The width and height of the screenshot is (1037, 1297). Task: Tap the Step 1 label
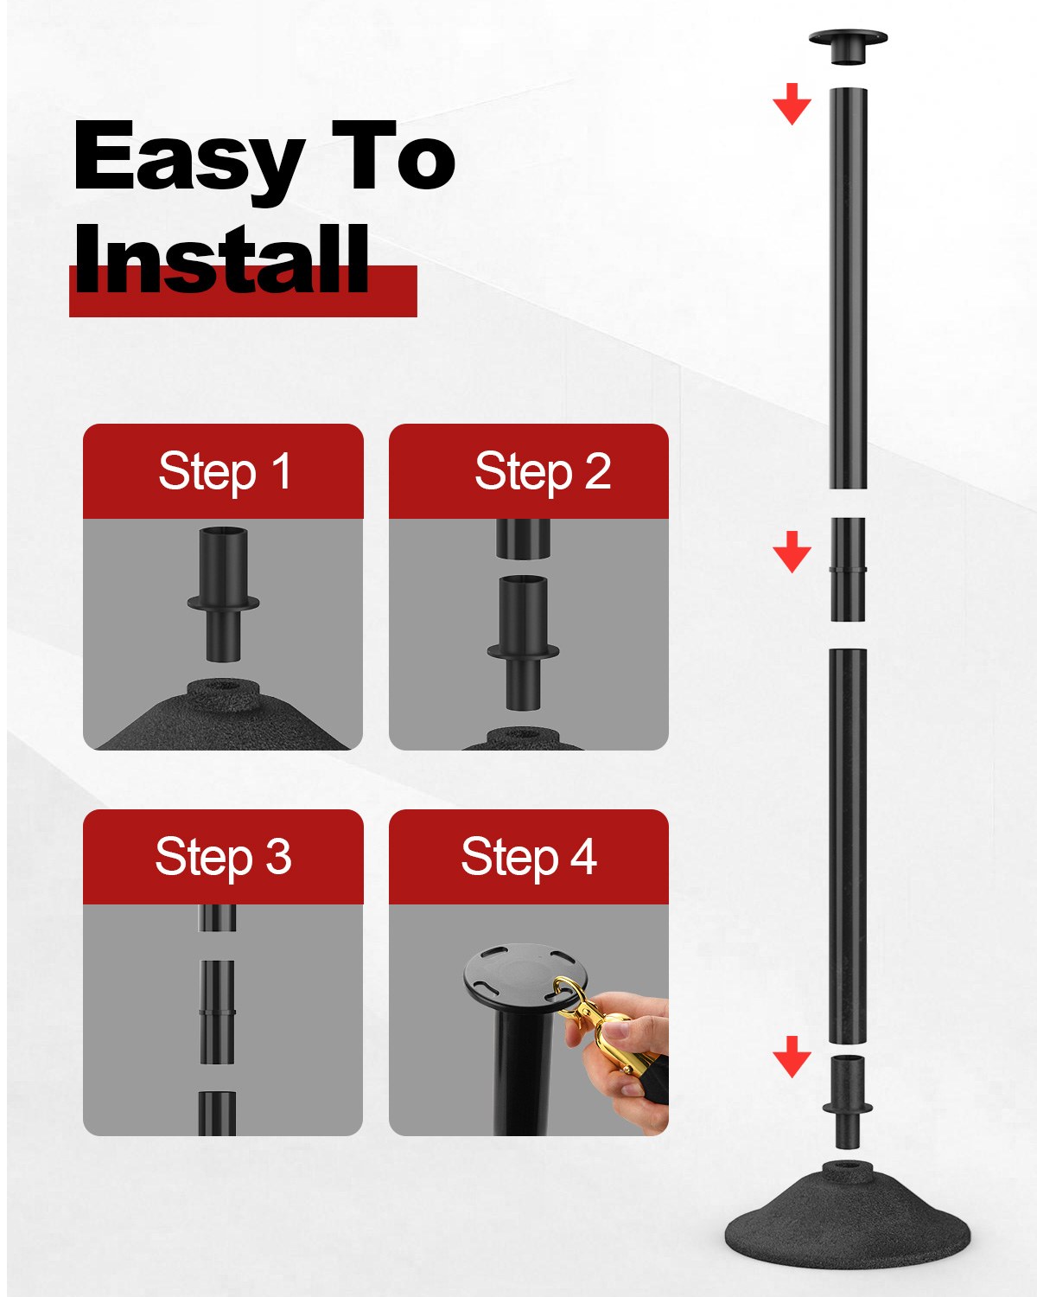pos(225,473)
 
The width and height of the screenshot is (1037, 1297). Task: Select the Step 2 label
pos(543,473)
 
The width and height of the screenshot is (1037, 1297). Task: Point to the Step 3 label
pos(224,858)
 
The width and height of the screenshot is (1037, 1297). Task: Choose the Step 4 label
pos(529,858)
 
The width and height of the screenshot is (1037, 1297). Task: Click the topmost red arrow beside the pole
pos(792,105)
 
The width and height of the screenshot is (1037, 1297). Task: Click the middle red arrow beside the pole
pos(792,552)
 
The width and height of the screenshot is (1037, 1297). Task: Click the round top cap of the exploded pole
pos(848,45)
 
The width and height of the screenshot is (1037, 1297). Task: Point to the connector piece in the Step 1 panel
pos(223,594)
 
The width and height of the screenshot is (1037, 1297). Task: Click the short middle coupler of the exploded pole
pos(848,570)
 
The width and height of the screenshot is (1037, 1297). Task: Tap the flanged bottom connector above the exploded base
pos(848,1103)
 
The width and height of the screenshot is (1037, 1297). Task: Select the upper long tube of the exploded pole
pos(848,288)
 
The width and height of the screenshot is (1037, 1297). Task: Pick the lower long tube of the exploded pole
pos(848,847)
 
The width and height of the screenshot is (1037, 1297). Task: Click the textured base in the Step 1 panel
pos(223,717)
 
